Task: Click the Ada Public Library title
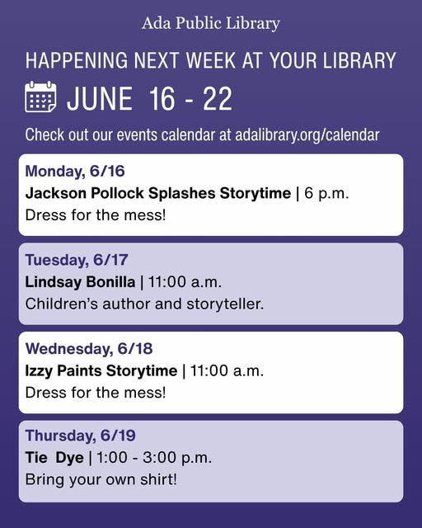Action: point(211,24)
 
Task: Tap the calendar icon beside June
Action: point(40,97)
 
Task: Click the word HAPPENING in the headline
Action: point(77,60)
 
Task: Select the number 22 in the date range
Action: point(218,98)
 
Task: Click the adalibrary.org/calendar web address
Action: point(307,135)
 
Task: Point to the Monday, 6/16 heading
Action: point(75,171)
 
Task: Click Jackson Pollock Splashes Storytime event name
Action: point(157,193)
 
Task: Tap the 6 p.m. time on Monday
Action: point(326,194)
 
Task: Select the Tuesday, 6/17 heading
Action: point(77,260)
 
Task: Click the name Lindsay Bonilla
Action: point(80,282)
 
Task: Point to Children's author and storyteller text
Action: point(144,304)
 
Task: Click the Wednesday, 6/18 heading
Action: point(89,349)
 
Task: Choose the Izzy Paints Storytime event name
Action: point(101,371)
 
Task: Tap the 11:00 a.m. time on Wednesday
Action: point(227,371)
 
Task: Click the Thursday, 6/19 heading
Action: point(81,436)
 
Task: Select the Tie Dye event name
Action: point(54,458)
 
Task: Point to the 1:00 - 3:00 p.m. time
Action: point(154,458)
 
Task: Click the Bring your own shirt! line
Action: point(101,479)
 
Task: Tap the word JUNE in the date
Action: point(100,98)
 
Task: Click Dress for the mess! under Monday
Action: point(96,215)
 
